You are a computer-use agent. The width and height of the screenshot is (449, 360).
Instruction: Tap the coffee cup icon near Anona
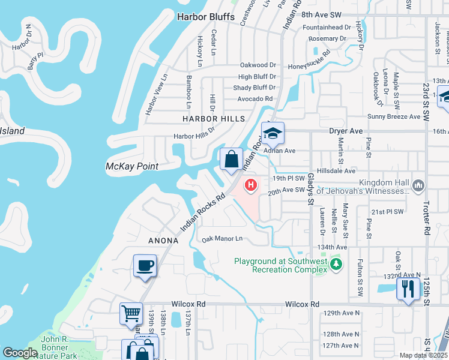145,265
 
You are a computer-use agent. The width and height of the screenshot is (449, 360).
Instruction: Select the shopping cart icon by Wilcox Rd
131,313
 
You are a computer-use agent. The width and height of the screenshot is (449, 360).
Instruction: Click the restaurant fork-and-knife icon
408,289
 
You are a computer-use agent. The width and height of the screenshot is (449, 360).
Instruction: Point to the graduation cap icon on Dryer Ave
272,133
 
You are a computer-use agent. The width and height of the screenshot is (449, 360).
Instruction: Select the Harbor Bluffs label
205,17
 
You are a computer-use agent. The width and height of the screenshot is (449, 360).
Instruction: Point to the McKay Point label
131,166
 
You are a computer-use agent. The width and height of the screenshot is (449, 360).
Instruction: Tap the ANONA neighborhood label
164,241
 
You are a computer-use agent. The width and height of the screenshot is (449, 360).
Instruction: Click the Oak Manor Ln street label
222,239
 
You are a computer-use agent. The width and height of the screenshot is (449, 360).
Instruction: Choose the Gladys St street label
311,190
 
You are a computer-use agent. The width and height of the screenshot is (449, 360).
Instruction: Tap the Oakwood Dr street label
258,65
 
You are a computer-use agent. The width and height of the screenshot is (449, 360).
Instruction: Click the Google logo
20,353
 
